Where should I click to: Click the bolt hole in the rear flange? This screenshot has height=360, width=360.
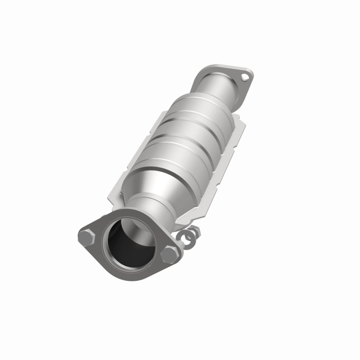(x=245, y=76)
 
